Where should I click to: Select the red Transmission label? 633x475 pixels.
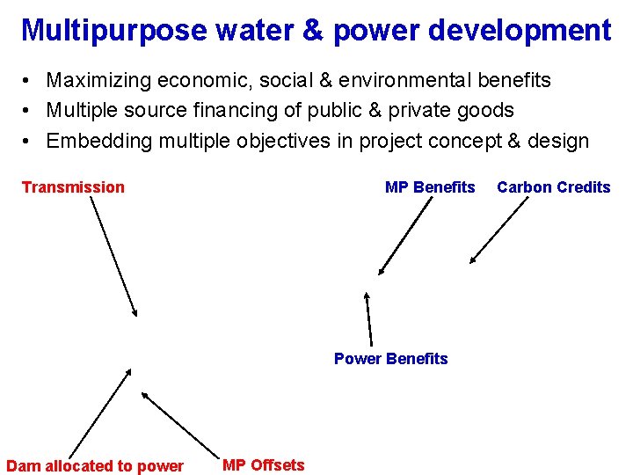[x=73, y=186]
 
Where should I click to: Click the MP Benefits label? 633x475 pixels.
[x=430, y=186]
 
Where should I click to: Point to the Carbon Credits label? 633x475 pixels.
[x=553, y=186]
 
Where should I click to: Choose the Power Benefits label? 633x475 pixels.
[x=390, y=358]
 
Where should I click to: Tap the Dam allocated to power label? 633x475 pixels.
[x=95, y=465]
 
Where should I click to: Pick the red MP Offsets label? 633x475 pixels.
[x=263, y=464]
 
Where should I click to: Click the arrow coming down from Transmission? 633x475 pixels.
[x=113, y=256]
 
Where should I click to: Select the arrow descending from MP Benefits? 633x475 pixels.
[x=406, y=235]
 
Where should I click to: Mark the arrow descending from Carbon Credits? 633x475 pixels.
[x=498, y=230]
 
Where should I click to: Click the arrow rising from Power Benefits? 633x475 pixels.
[x=369, y=318]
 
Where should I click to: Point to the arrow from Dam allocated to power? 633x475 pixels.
[x=99, y=412]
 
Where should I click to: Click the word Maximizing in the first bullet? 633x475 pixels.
[x=98, y=81]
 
